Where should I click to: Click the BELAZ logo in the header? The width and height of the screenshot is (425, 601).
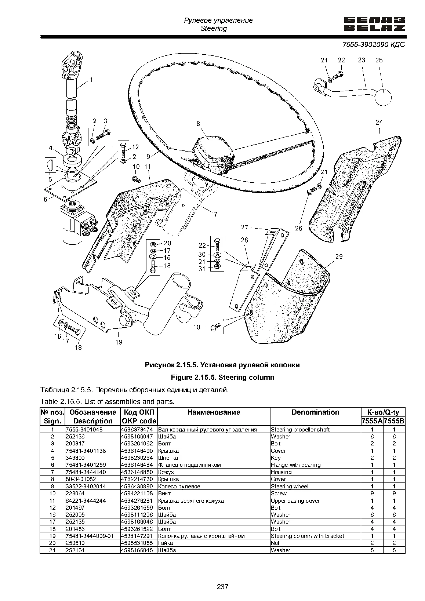[x=374, y=24]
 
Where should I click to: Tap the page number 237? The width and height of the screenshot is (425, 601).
[x=223, y=587]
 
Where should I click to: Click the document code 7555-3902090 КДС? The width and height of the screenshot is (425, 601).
[x=374, y=44]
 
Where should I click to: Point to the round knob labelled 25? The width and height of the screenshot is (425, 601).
[x=383, y=97]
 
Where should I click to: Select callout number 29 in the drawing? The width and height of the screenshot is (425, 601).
[x=339, y=256]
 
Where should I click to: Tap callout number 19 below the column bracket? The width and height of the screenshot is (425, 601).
[x=119, y=342]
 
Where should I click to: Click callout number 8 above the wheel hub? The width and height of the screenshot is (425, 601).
[x=198, y=124]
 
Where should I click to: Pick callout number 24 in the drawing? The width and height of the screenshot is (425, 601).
[x=379, y=123]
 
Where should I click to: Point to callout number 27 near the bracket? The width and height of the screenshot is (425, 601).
[x=244, y=227]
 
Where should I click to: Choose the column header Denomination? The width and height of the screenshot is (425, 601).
[x=316, y=412]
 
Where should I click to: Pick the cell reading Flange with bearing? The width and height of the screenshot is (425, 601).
[x=296, y=465]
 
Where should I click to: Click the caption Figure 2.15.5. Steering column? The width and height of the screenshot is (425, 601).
[x=223, y=378]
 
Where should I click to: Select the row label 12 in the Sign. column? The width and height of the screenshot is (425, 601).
[x=52, y=508]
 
